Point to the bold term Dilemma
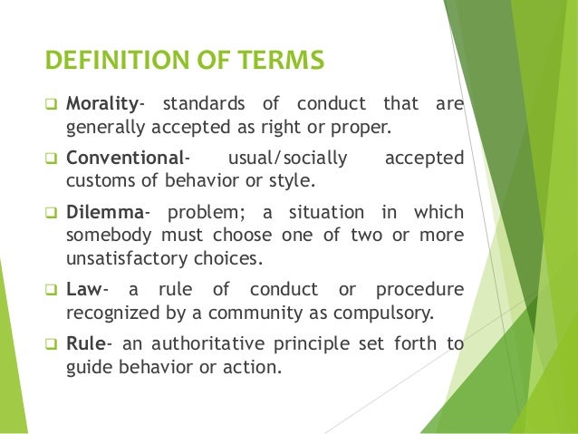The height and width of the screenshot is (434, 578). [103, 212]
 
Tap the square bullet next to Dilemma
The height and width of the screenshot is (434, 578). [52, 213]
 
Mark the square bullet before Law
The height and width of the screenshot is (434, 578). [52, 291]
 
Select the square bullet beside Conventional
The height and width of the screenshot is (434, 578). [52, 160]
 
